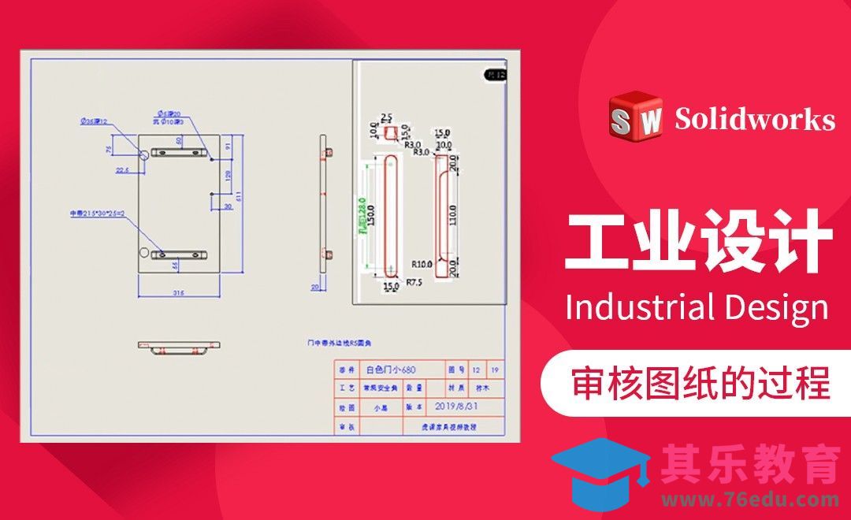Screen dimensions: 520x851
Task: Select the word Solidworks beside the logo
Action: pos(754,119)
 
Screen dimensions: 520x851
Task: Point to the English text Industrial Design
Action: pos(697,306)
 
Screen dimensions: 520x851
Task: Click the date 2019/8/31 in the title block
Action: pos(456,407)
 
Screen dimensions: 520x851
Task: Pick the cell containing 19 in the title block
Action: pos(495,370)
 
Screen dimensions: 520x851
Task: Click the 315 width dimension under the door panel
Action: pos(178,293)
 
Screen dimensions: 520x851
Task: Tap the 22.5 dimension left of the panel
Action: pos(123,169)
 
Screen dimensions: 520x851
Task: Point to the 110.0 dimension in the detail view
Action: pos(453,214)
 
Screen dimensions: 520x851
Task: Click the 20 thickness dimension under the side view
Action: pos(315,288)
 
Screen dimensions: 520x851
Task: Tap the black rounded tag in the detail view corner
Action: pos(495,75)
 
